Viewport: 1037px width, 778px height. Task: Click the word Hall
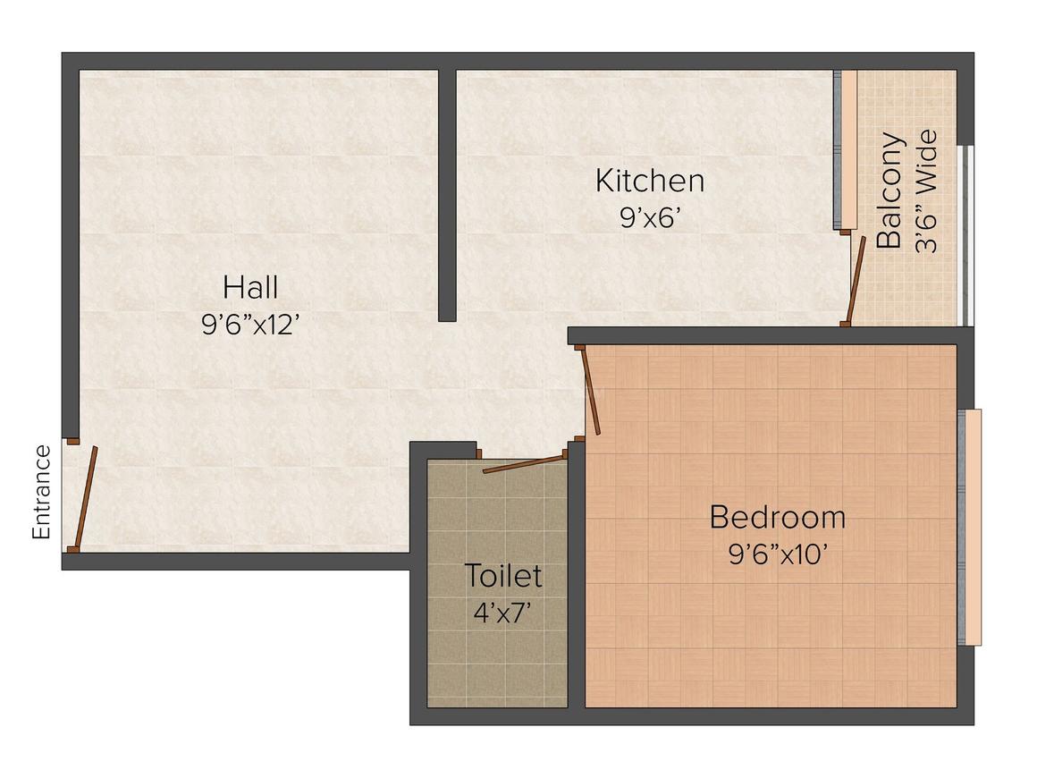pyautogui.click(x=250, y=288)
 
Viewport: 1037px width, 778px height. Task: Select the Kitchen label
pyautogui.click(x=650, y=181)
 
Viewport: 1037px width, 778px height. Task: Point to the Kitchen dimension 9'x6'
pyautogui.click(x=652, y=218)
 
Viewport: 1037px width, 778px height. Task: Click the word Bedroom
pyautogui.click(x=777, y=517)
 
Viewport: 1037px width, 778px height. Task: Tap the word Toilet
pyautogui.click(x=502, y=576)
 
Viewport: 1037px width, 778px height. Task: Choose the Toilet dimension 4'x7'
pyautogui.click(x=502, y=613)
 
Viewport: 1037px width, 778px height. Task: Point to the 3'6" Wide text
pyautogui.click(x=926, y=191)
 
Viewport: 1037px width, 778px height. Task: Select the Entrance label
pyautogui.click(x=41, y=492)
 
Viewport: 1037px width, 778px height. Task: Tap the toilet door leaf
pyautogui.click(x=525, y=462)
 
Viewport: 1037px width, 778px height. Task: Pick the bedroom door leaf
pyautogui.click(x=590, y=392)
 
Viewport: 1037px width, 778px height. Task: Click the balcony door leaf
pyautogui.click(x=857, y=279)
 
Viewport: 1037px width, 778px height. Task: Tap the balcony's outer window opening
pyautogui.click(x=963, y=234)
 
